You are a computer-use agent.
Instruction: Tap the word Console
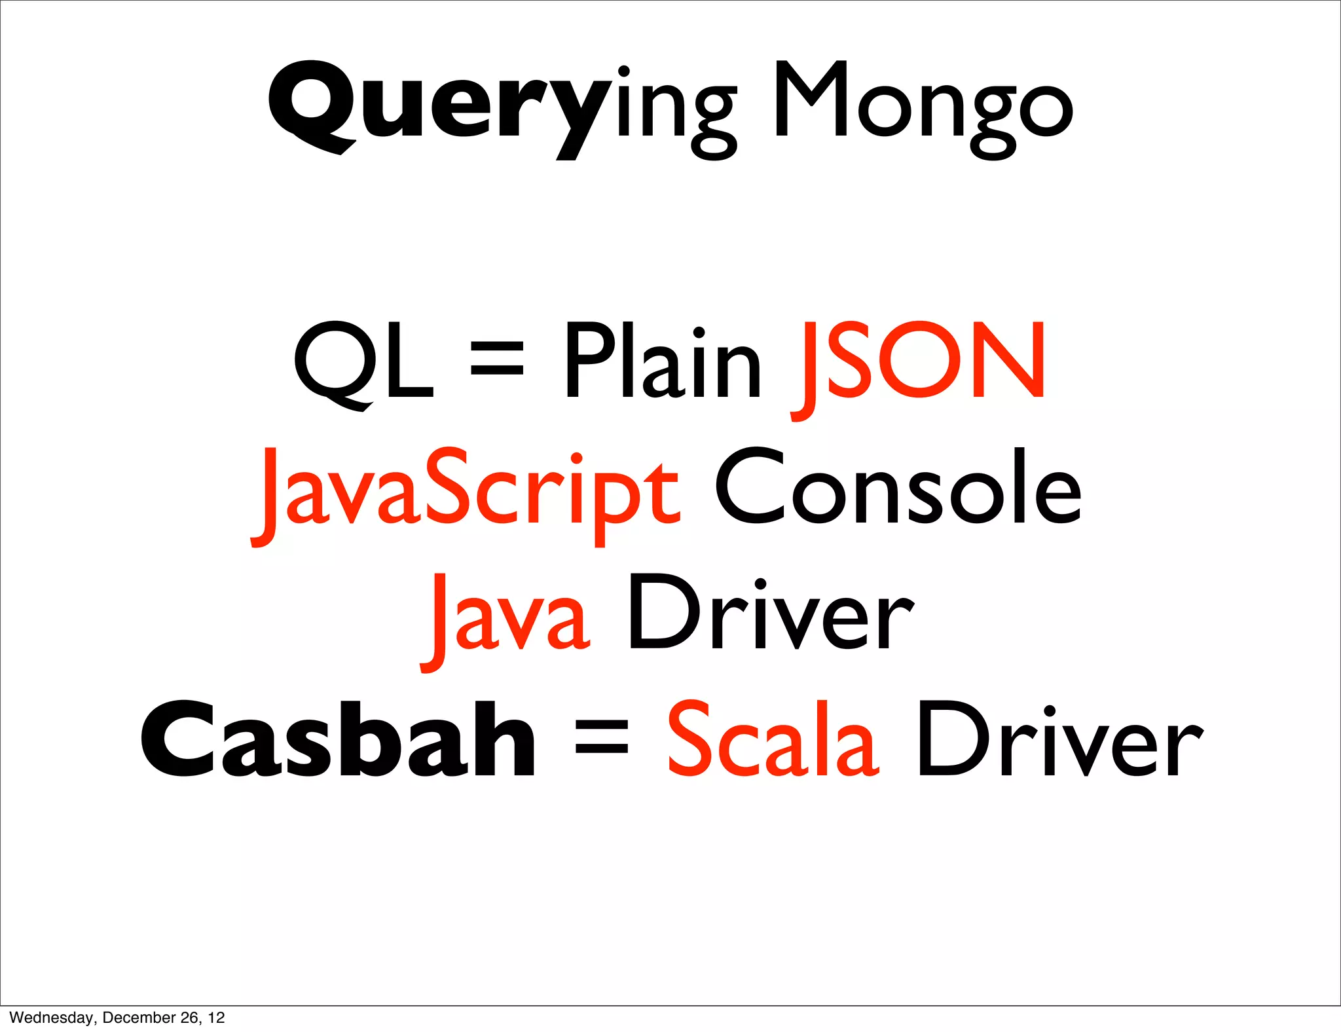click(898, 488)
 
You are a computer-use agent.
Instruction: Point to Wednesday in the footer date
click(51, 1018)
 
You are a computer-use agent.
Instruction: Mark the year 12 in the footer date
click(217, 1018)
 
